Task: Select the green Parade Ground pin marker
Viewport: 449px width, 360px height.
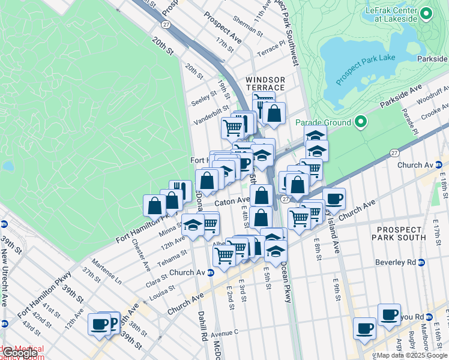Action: point(360,122)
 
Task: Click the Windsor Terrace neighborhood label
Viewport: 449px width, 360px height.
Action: point(265,83)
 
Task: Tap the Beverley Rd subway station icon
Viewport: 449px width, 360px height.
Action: point(421,262)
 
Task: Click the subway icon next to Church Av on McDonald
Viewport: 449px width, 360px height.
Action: point(211,272)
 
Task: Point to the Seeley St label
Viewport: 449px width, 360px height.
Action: point(205,96)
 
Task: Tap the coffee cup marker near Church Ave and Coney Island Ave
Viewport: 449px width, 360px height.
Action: point(334,199)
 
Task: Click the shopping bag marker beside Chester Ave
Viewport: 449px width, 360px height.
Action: point(154,206)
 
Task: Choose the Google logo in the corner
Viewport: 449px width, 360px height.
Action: point(19,353)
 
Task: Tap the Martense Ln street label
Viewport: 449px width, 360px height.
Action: point(107,272)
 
